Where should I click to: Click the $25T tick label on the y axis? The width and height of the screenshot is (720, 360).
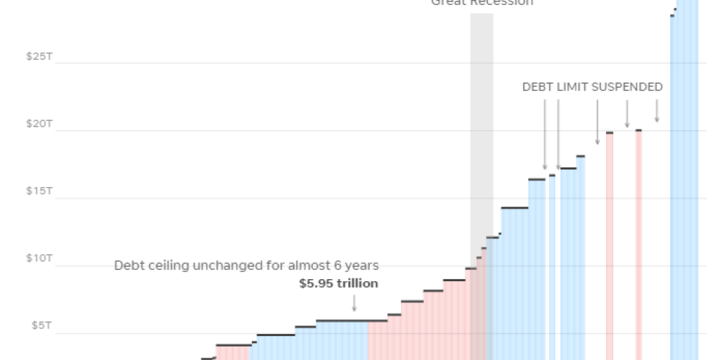point(39,56)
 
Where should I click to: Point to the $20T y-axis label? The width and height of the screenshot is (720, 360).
point(39,124)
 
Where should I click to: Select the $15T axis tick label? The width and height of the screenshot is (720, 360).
point(39,191)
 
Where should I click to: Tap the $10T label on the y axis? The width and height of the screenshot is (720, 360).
point(39,258)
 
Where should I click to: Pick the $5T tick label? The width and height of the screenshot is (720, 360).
point(41,326)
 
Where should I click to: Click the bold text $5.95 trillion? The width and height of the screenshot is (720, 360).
point(338,284)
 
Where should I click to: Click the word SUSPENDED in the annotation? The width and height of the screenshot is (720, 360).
point(626,87)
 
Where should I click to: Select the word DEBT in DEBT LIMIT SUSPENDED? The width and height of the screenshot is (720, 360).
point(538,87)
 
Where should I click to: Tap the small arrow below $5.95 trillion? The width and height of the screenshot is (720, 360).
point(354,303)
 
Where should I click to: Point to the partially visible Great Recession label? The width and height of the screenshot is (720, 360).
point(482,3)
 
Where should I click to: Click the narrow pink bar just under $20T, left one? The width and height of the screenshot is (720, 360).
point(610,246)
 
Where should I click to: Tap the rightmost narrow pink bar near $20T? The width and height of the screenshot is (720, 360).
point(638,246)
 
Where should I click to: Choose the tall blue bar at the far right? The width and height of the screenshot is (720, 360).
point(685,176)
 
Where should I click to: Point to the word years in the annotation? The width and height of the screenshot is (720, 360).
point(363,266)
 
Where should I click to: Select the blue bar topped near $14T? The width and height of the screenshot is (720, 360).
point(515,281)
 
